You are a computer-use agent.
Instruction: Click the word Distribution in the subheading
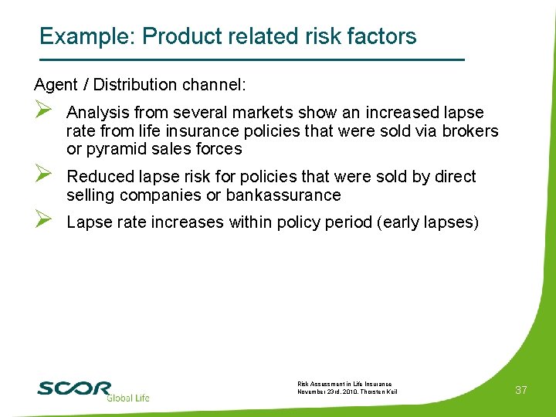coord(140,83)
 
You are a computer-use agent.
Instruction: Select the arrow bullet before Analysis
coord(43,113)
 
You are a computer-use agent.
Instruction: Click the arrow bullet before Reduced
coord(43,176)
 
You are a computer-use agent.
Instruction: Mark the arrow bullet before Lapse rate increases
coord(43,222)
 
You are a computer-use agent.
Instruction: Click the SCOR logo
coord(74,388)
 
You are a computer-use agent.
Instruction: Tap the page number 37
coord(521,390)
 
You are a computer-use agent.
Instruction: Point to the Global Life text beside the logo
coord(128,398)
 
